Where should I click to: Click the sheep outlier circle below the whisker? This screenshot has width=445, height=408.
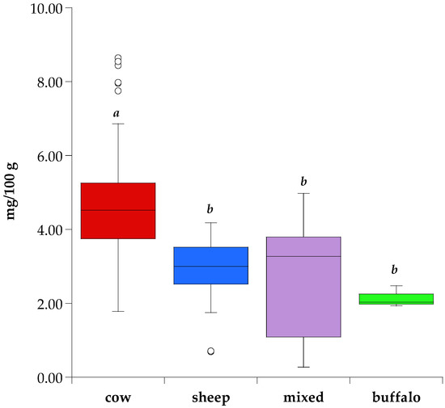(x=211, y=351)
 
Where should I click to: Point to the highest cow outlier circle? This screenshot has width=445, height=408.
(x=118, y=58)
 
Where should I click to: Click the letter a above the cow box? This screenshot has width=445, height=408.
(x=118, y=114)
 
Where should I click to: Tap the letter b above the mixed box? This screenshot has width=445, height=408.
(x=304, y=182)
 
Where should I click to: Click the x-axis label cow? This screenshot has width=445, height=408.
(x=118, y=397)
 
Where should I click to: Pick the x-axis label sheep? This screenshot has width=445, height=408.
(x=211, y=397)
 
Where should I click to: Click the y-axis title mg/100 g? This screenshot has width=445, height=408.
(x=14, y=192)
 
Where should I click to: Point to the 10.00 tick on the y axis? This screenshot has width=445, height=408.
(x=70, y=8)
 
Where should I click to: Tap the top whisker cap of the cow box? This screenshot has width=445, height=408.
(x=118, y=124)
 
